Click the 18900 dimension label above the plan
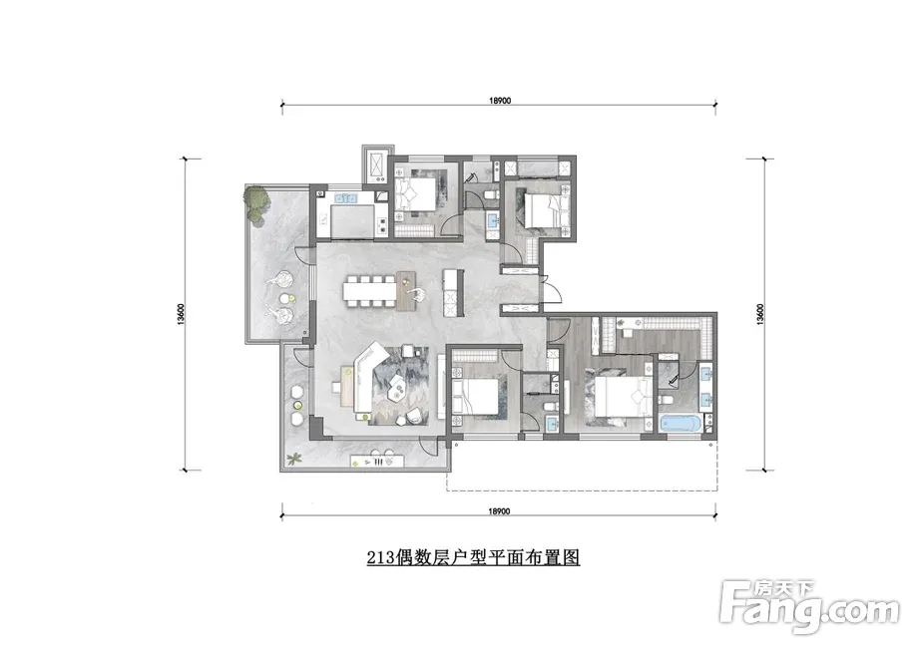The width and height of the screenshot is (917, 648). click(x=500, y=101)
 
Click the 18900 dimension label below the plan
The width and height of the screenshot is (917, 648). click(x=500, y=511)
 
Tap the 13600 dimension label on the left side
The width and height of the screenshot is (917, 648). click(x=182, y=314)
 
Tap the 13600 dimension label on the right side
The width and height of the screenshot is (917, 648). click(x=759, y=314)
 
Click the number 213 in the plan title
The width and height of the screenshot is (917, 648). click(x=380, y=557)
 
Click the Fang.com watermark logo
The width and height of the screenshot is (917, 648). click(x=809, y=608)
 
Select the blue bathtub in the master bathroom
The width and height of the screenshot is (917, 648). click(x=681, y=423)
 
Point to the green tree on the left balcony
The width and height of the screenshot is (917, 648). click(x=257, y=202)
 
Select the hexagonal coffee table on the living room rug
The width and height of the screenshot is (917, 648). click(x=399, y=387)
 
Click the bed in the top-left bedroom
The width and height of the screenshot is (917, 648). click(x=416, y=192)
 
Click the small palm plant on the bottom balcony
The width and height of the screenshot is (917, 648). click(x=294, y=460)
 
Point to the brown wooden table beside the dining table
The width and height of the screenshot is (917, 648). click(x=407, y=290)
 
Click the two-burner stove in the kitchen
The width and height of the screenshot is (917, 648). click(x=382, y=223)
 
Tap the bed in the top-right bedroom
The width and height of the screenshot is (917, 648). click(x=545, y=211)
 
